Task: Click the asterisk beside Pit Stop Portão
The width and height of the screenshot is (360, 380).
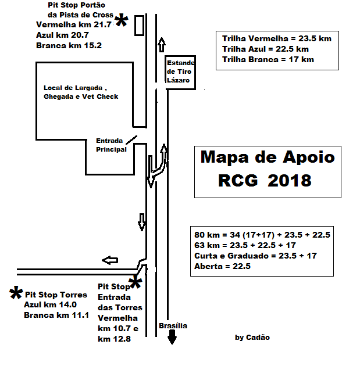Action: click(122, 20)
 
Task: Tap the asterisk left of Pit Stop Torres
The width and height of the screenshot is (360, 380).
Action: click(16, 292)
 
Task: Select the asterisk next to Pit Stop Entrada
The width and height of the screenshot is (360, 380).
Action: click(136, 282)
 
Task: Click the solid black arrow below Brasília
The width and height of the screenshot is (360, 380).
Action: click(172, 337)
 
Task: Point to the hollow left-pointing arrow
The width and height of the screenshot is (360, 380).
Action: click(110, 260)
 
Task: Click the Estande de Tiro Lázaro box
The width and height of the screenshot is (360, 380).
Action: click(180, 73)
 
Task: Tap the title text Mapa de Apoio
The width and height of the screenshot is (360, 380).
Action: click(268, 157)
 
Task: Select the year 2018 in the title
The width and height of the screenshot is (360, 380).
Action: click(290, 181)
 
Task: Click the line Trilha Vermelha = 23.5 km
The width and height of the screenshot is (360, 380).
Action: click(277, 38)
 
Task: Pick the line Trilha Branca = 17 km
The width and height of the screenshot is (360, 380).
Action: click(268, 60)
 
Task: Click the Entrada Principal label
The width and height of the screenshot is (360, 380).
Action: click(111, 145)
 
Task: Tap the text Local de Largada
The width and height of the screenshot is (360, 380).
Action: click(73, 88)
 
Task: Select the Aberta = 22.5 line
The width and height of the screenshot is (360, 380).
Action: click(222, 266)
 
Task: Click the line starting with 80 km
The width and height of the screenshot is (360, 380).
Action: click(262, 235)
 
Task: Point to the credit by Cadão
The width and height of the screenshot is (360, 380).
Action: click(252, 338)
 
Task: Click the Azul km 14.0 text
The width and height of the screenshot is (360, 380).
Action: click(50, 304)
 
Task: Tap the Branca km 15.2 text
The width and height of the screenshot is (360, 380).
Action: click(69, 45)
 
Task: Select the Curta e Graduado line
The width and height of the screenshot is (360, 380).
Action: click(256, 256)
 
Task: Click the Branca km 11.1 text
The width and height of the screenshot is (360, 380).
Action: click(56, 315)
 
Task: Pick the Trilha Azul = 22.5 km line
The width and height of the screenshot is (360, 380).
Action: click(265, 49)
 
